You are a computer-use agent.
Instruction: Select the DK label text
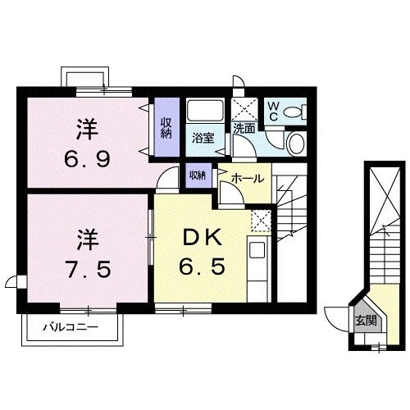[x=200, y=237]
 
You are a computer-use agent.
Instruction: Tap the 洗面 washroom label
[x=243, y=130]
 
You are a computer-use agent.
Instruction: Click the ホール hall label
[x=248, y=178]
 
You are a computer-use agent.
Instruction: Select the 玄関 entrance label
[x=367, y=321]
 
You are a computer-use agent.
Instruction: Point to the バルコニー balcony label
[x=71, y=328]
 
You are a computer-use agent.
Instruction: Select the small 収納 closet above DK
[x=198, y=175]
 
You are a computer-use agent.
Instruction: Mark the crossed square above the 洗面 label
[x=244, y=109]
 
